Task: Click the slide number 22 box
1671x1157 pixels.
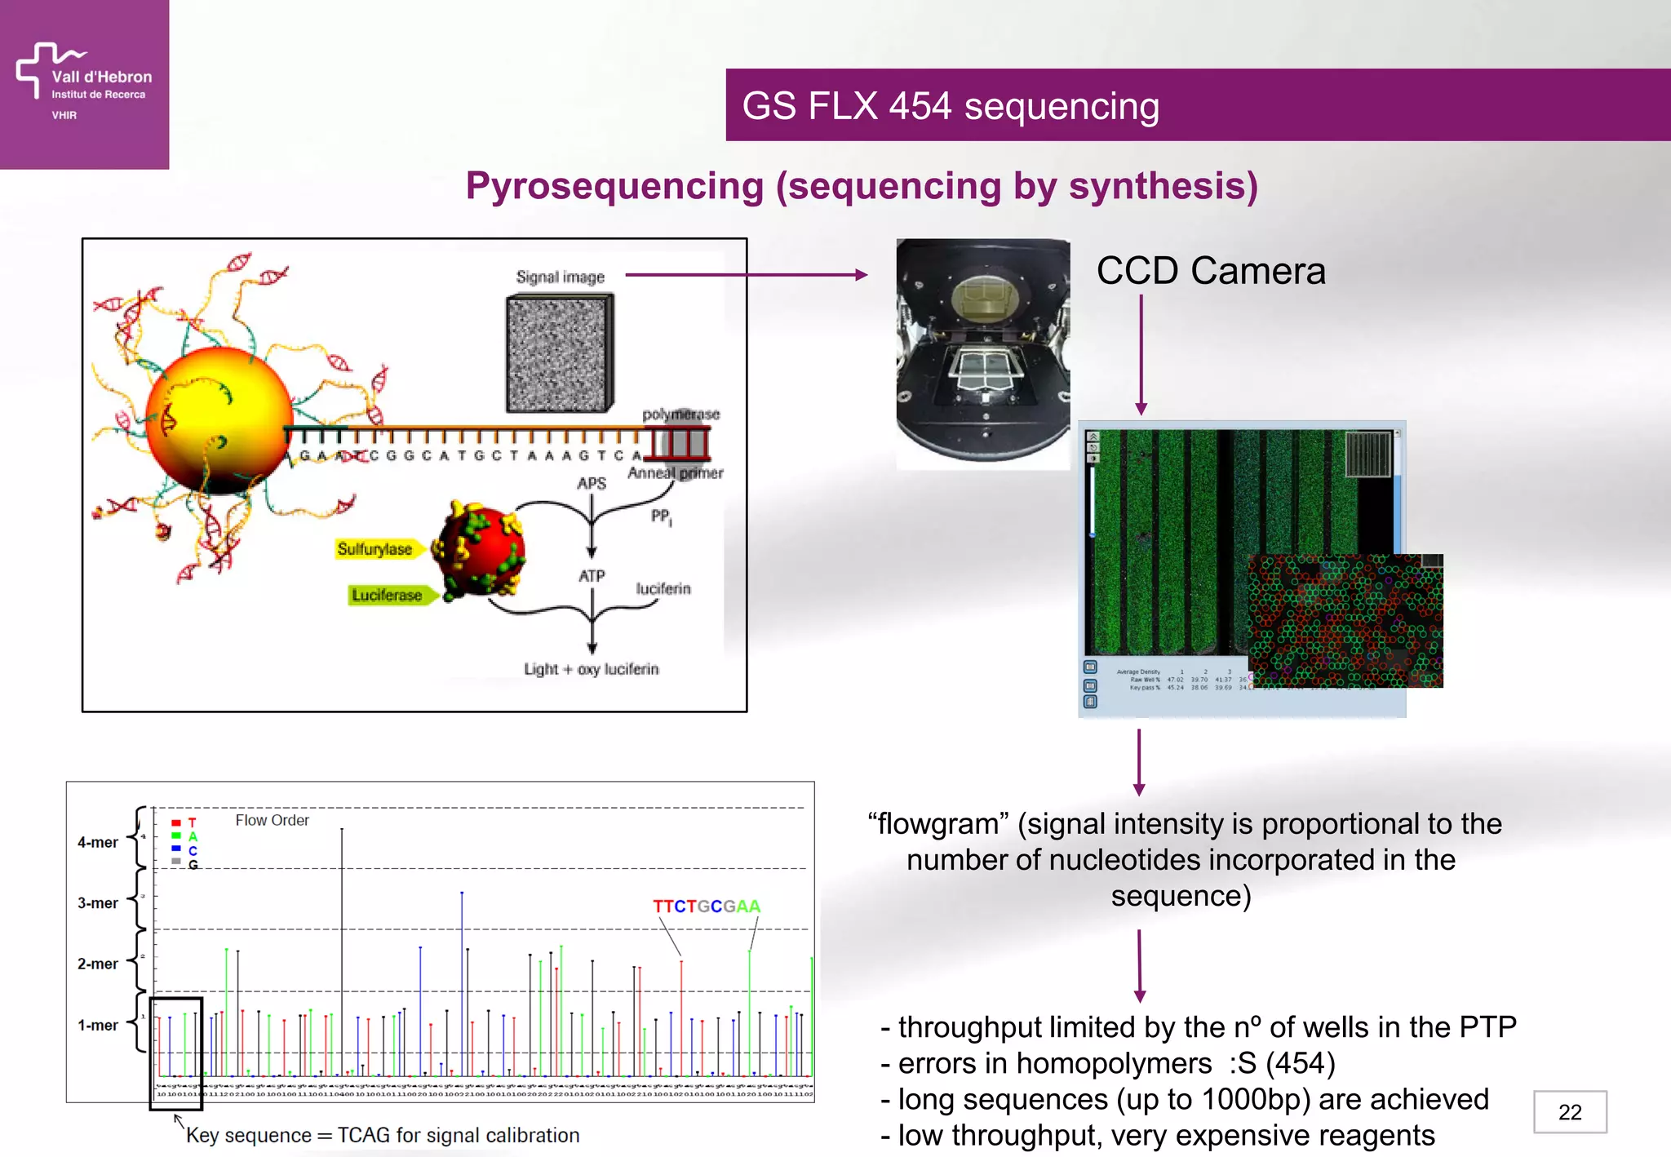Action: (1569, 1111)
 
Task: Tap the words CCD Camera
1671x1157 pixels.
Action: (1210, 271)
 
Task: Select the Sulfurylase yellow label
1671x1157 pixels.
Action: (376, 549)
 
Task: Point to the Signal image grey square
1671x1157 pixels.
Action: (559, 354)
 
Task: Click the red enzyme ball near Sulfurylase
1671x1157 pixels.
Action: (479, 551)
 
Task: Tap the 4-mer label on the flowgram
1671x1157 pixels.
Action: (98, 842)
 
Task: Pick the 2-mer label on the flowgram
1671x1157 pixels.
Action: (98, 964)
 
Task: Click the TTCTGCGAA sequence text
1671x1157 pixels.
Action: (706, 907)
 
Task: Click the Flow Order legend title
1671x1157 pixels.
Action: (272, 820)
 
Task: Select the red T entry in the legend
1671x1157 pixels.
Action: (184, 822)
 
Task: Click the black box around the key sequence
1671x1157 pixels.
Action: (176, 1053)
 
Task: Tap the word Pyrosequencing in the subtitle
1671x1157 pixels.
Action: (614, 186)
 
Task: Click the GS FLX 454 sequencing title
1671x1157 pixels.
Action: (950, 106)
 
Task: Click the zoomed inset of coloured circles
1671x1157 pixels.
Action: (1345, 620)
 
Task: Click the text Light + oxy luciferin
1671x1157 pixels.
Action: (591, 669)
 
